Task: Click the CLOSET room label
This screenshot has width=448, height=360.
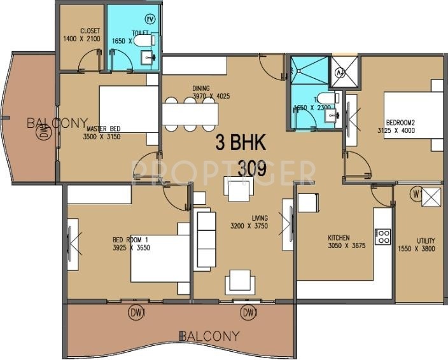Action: pos(90,31)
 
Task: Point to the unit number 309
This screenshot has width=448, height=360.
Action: pos(252,169)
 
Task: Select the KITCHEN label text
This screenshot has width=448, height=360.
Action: pos(339,238)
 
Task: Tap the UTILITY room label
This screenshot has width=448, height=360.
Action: pos(417,241)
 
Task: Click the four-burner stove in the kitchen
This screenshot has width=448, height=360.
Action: pos(383,237)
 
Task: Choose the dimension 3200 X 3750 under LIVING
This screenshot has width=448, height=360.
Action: pos(249,226)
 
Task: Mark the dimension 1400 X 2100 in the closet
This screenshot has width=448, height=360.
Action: pos(83,39)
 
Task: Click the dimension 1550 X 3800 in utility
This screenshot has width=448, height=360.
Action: pos(417,249)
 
